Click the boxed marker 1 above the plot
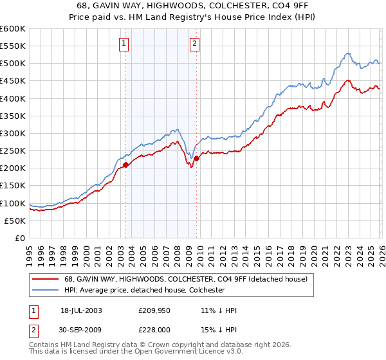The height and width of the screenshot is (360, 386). [x=123, y=44]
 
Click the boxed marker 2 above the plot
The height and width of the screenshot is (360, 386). [x=194, y=44]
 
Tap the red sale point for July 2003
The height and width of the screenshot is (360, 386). [x=126, y=165]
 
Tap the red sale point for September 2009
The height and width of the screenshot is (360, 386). [x=197, y=159]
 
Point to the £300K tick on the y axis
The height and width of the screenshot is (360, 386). [x=14, y=133]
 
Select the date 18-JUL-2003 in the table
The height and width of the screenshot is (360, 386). [x=81, y=310]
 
